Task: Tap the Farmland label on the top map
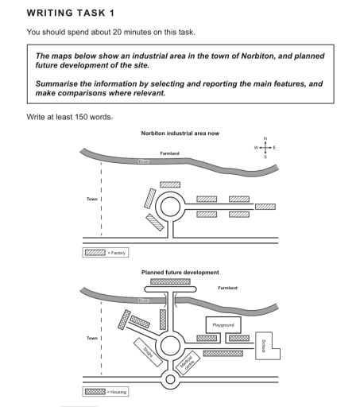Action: tap(170, 153)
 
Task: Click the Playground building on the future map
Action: tap(223, 325)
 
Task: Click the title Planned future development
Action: tap(180, 272)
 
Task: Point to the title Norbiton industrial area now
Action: tap(180, 134)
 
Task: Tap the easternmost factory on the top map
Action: tap(265, 207)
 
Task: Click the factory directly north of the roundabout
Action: tap(170, 184)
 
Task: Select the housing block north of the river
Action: tap(170, 281)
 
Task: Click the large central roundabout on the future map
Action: tap(170, 346)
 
